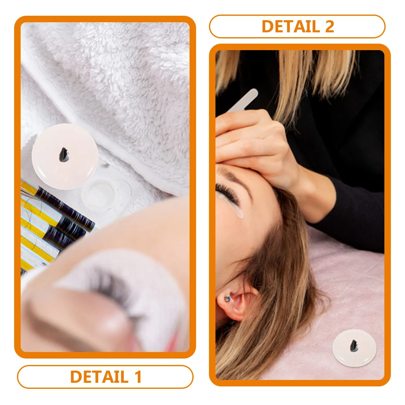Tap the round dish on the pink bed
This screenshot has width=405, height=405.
[354, 348]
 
